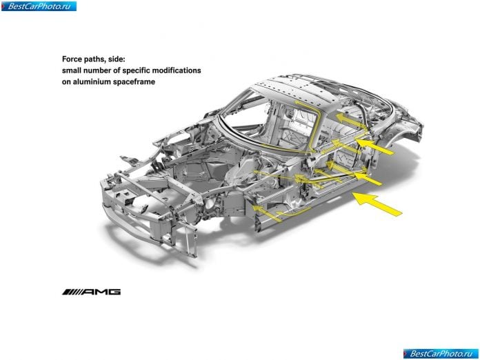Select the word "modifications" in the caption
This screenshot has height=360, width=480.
click(x=177, y=70)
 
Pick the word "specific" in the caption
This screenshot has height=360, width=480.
click(x=136, y=70)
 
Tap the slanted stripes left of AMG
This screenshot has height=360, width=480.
click(x=72, y=292)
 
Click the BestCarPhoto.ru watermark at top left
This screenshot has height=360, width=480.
click(x=39, y=6)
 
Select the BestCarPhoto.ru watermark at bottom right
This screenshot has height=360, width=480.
click(x=441, y=354)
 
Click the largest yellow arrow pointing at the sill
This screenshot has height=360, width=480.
click(x=377, y=204)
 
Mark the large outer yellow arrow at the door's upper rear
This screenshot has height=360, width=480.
click(x=374, y=147)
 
